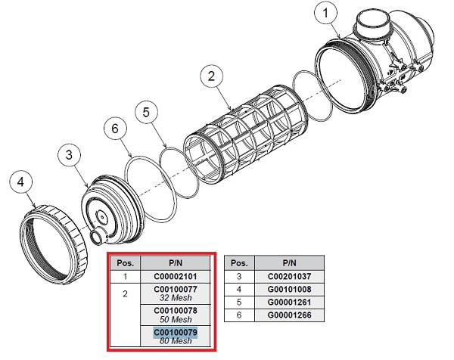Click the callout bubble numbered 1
(x=325, y=15)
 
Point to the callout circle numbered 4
(x=23, y=183)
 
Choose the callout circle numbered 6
(x=115, y=129)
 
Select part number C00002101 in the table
(x=175, y=277)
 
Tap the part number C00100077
(x=175, y=289)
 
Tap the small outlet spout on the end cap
(x=99, y=237)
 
